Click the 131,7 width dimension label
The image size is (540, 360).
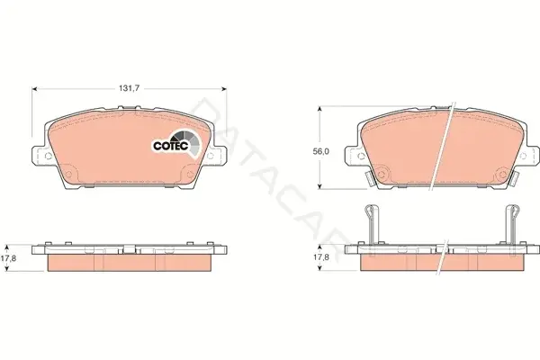(129, 88)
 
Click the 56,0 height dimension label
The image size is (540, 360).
(320, 151)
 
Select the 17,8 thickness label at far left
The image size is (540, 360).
(7, 257)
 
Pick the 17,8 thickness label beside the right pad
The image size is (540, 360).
(321, 257)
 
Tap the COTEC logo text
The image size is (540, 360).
(171, 146)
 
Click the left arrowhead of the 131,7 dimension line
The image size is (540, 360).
(34, 89)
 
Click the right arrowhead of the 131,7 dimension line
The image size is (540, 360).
(224, 89)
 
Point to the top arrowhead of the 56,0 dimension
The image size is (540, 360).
(319, 109)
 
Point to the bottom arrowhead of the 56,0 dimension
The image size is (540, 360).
(319, 186)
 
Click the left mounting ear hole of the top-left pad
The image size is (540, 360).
(49, 156)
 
